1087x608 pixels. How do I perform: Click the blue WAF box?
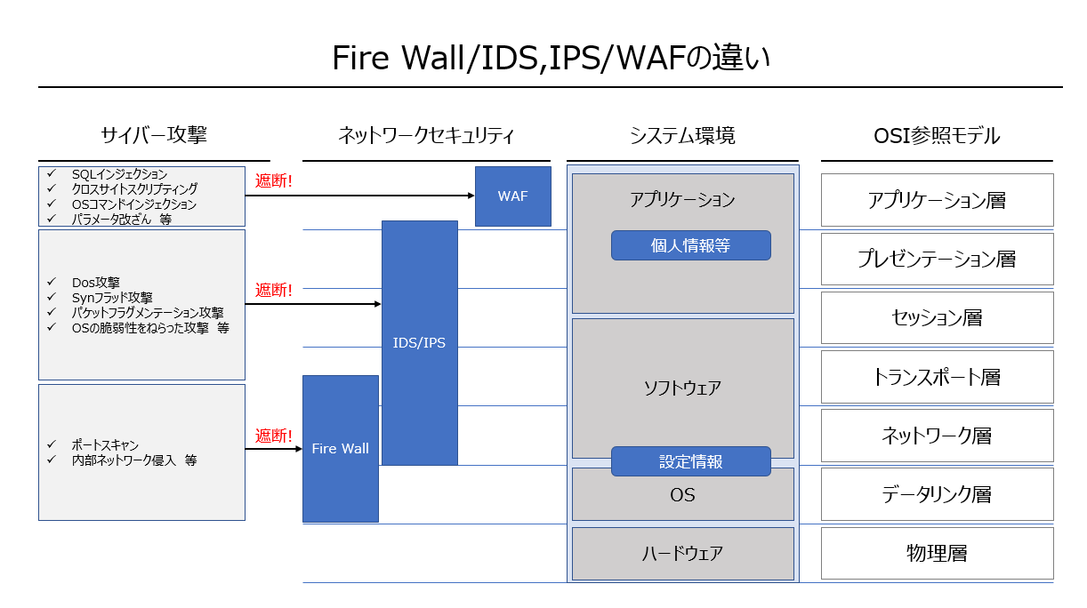512,196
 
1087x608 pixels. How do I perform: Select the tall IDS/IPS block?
419,342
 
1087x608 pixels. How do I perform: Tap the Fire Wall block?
340,449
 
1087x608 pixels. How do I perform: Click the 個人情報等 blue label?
690,245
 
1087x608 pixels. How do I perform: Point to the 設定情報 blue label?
690,461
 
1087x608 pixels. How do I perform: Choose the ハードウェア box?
682,553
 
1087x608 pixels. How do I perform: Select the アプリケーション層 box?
937,200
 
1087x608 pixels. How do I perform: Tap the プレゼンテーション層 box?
937,259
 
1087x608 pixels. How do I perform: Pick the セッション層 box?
937,317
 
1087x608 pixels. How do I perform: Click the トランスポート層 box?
937,376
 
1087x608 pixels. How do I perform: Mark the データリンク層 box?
937,493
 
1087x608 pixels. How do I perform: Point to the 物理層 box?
937,553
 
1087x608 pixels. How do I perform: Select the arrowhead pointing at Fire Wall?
298,449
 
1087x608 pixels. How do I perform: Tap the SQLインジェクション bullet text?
119,174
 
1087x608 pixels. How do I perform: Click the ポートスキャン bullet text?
105,444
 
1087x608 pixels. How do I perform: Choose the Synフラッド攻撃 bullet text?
112,298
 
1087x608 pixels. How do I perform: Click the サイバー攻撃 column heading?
154,136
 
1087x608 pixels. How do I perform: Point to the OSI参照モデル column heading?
937,136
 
